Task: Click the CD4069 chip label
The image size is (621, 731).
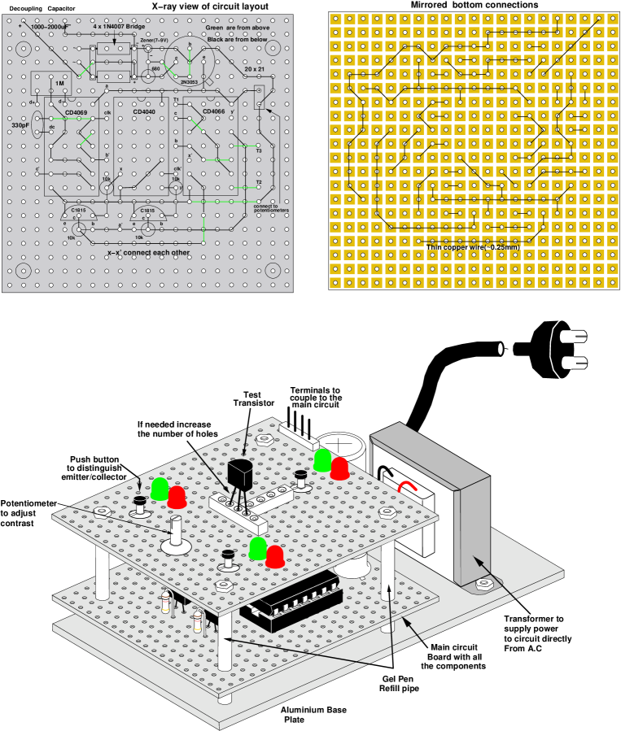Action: (77, 111)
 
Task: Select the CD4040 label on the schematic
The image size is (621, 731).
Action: (144, 111)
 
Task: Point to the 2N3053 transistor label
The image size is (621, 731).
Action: (189, 82)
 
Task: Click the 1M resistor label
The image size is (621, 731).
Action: (59, 84)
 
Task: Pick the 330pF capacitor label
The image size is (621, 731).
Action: (21, 125)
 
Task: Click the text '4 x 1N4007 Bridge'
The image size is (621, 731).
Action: (119, 27)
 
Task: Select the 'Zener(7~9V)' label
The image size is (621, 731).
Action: (154, 39)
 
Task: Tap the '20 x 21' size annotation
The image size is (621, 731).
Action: (254, 70)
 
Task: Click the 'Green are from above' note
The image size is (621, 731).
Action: (238, 28)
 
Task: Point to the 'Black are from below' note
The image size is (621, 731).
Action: (237, 39)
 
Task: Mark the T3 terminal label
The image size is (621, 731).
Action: (259, 150)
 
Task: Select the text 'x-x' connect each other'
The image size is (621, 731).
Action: (148, 253)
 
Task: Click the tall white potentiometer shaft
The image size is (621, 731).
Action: (176, 532)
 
